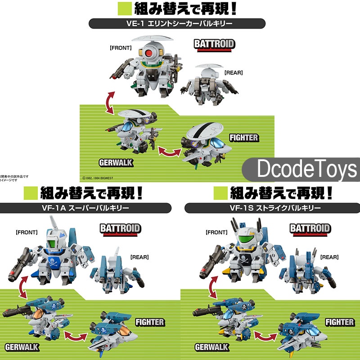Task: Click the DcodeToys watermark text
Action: tap(307, 170)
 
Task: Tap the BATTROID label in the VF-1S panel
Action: tap(310, 229)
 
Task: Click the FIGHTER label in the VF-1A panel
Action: tap(150, 322)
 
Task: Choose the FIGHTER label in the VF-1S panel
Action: tap(340, 322)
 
